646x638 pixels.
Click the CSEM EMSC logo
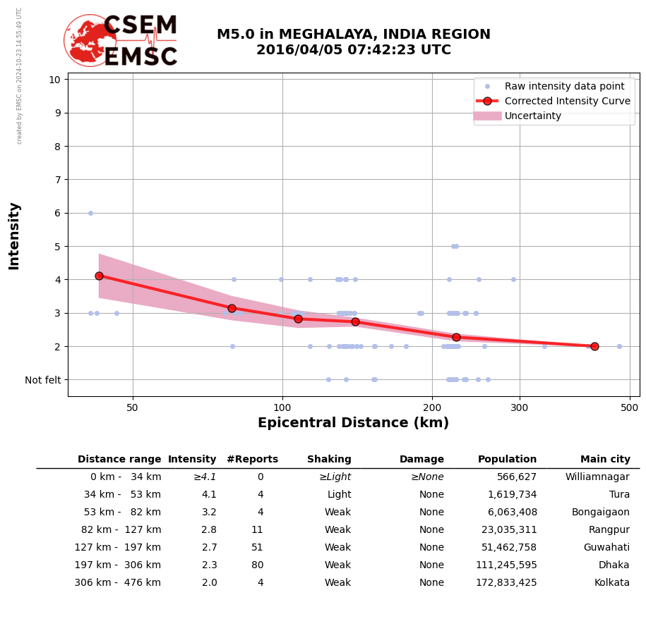[x=121, y=41]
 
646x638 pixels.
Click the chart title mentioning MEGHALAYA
[x=353, y=42]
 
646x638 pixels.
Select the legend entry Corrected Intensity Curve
[x=567, y=101]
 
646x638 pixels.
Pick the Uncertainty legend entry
[x=532, y=116]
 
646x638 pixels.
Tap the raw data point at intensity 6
[x=90, y=213]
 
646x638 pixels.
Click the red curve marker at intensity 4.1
[x=99, y=276]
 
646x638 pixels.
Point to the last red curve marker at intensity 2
[x=594, y=346]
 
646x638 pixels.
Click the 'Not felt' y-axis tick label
[x=43, y=380]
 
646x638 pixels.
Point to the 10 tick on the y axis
[x=54, y=80]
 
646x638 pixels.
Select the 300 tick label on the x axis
[x=520, y=407]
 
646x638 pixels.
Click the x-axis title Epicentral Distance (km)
[x=353, y=423]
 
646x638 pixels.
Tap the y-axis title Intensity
[x=14, y=235]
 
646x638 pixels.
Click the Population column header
[x=507, y=460]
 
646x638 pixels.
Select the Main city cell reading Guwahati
[x=606, y=548]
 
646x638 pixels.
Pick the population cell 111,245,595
[x=506, y=565]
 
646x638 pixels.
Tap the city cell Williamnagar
[x=597, y=477]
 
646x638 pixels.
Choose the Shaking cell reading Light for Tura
[x=339, y=495]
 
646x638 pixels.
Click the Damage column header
[x=421, y=460]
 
